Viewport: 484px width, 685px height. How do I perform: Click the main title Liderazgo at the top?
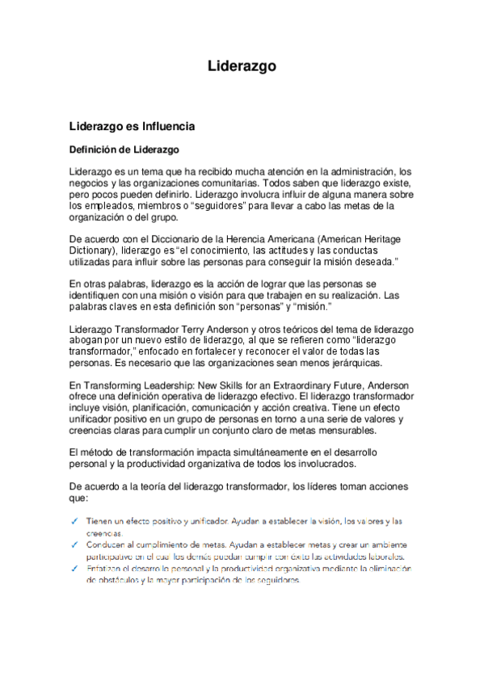click(x=242, y=65)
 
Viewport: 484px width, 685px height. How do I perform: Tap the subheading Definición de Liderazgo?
click(x=124, y=149)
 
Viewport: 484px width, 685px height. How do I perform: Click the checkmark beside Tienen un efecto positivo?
click(x=74, y=522)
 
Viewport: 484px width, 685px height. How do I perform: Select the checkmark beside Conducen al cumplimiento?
click(x=74, y=544)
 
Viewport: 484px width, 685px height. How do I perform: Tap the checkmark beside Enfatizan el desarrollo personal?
click(x=74, y=568)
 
